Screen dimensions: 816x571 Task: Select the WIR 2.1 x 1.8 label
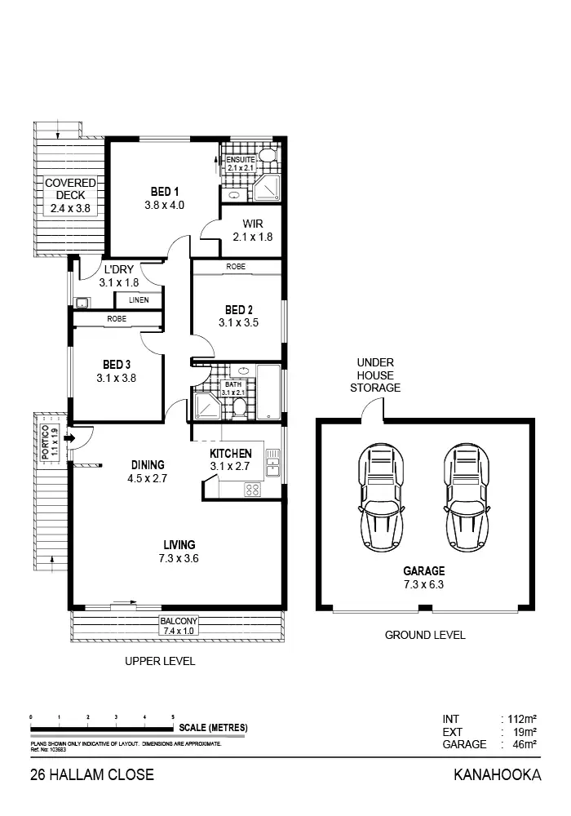[252, 229]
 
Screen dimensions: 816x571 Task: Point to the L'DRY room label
[118, 270]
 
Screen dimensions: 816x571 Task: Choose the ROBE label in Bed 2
[237, 267]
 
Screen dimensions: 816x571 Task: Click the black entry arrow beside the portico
[70, 439]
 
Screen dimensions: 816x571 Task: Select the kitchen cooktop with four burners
[253, 490]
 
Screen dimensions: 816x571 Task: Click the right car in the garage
[468, 498]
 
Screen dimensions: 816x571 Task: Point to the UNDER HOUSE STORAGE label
[375, 375]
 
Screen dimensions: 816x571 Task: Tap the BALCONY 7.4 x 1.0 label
[178, 626]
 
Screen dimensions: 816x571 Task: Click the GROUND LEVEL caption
[425, 635]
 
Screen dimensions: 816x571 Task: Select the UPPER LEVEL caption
[160, 662]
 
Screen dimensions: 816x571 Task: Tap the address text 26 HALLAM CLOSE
[91, 775]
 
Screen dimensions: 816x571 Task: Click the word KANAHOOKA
[497, 775]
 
